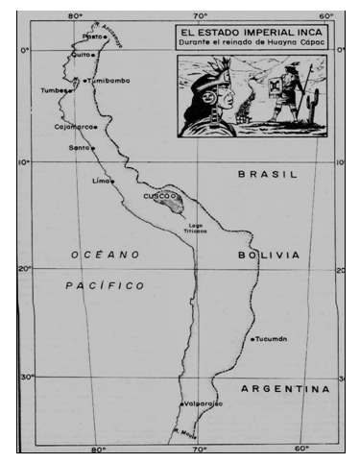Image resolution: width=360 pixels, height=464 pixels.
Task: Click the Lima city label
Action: click(100, 181)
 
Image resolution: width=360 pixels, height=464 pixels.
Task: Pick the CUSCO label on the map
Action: click(156, 195)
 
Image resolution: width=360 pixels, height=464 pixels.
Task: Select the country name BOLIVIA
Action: click(267, 255)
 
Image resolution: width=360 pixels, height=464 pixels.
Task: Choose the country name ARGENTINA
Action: click(283, 389)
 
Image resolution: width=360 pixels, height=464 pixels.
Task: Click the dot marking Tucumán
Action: click(251, 339)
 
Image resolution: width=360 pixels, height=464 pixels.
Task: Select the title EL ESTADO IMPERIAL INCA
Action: click(248, 31)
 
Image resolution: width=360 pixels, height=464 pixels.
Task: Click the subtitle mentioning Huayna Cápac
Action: click(248, 43)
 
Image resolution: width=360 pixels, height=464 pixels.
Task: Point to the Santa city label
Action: click(80, 148)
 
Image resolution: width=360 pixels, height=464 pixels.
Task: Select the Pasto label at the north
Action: click(92, 37)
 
